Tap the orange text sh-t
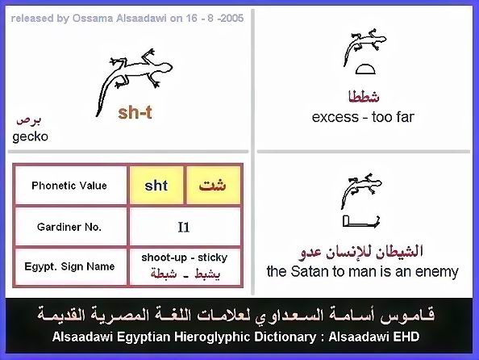point(135,112)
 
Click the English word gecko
point(31,136)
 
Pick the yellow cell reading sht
point(156,186)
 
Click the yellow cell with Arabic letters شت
point(213,186)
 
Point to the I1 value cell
point(185,227)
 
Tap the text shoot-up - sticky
point(185,257)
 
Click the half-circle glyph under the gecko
point(365,69)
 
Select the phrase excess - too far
point(363,117)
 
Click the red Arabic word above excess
point(364,97)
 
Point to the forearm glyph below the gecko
point(361,221)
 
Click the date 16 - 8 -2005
point(215,18)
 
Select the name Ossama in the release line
point(93,18)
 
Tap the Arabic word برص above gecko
point(28,120)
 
